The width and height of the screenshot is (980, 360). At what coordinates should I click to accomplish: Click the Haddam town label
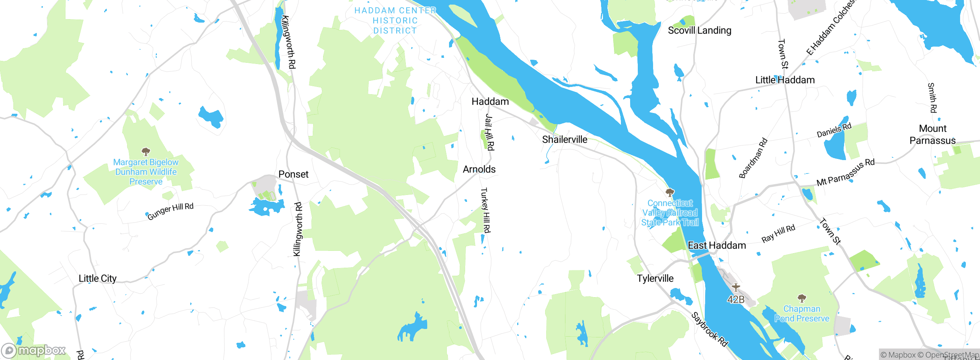click(490, 101)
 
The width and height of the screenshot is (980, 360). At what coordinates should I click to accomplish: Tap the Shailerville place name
click(565, 139)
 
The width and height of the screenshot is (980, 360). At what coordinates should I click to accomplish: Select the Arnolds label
click(479, 169)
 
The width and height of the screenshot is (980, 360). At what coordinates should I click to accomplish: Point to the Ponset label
click(293, 174)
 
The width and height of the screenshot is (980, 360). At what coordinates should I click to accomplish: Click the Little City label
click(97, 278)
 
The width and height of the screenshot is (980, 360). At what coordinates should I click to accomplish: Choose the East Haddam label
click(717, 245)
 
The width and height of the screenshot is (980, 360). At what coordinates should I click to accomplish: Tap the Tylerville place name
click(655, 278)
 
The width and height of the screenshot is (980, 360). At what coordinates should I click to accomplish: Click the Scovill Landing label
click(699, 30)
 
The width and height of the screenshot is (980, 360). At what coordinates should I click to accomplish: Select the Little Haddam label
click(785, 80)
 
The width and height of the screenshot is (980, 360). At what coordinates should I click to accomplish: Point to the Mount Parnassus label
click(933, 134)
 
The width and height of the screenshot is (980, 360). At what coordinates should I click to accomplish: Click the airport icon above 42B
click(735, 287)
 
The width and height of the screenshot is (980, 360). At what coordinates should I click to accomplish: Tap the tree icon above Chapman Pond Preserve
click(802, 298)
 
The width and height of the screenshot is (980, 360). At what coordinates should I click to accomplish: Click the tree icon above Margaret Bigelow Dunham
click(145, 152)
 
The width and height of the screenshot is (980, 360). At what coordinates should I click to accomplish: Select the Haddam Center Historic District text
click(395, 21)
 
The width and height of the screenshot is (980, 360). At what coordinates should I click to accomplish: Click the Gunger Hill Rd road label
click(170, 211)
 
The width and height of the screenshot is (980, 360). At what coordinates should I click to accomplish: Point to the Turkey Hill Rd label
click(485, 210)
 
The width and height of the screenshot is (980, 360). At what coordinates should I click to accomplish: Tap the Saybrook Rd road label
click(709, 329)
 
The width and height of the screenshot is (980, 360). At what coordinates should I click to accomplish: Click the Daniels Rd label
click(834, 130)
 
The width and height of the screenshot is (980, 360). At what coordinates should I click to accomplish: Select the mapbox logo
click(34, 350)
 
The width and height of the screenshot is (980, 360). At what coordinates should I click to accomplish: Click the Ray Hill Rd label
click(778, 233)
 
